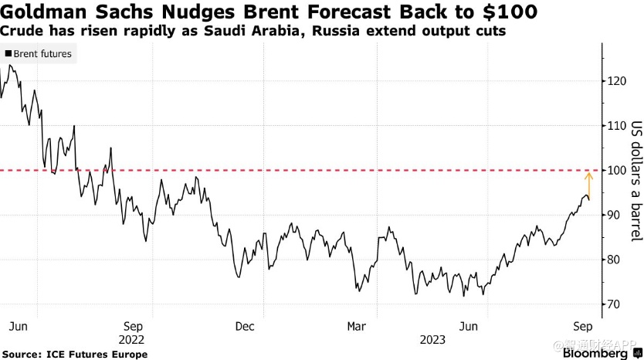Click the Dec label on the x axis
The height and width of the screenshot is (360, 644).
[x=245, y=326]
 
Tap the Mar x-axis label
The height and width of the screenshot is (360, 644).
[x=357, y=326]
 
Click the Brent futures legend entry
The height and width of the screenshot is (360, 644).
[x=42, y=54]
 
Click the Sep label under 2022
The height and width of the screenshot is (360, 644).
[x=133, y=326]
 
